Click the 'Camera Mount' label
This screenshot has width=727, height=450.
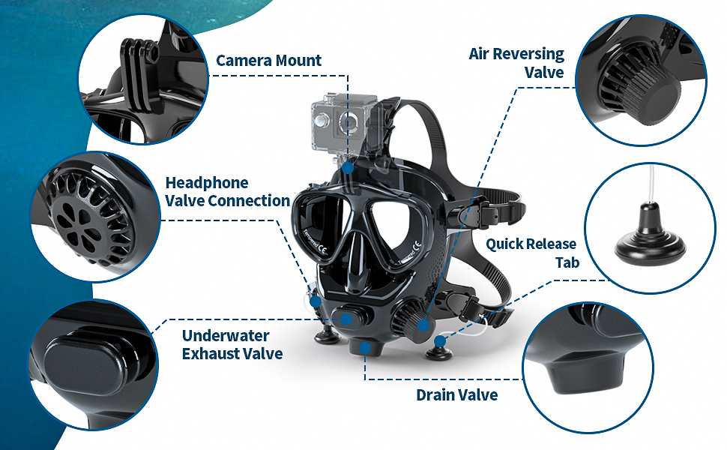[268, 61]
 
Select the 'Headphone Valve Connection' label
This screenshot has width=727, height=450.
[227, 192]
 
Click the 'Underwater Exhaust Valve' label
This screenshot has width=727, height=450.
[232, 344]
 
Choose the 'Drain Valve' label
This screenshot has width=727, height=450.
[456, 394]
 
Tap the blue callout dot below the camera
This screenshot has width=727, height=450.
[349, 169]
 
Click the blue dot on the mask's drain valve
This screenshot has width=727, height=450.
[366, 347]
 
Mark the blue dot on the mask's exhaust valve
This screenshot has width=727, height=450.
[347, 318]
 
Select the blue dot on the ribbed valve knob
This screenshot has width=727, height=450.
[424, 325]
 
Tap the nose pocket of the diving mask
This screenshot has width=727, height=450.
[356, 262]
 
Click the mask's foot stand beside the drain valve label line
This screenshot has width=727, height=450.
[439, 346]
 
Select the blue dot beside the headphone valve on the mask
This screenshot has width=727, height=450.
[316, 301]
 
